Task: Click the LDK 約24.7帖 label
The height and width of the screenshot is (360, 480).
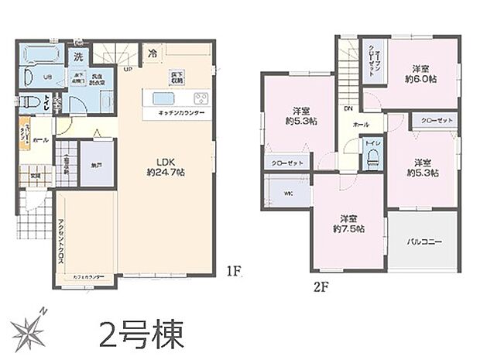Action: [164, 166]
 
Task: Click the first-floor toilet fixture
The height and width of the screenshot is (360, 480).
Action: [29, 101]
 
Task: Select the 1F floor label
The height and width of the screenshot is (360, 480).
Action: [235, 272]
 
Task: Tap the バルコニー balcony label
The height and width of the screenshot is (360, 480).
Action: [425, 242]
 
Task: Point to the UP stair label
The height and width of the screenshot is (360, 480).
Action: [127, 69]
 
